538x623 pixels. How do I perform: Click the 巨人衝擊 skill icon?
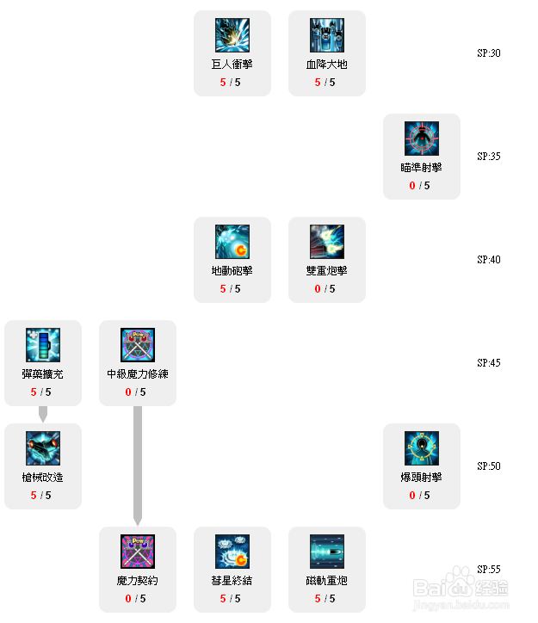(x=232, y=35)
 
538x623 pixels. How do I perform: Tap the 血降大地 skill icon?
(x=327, y=35)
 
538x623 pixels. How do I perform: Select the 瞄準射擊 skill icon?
(x=422, y=139)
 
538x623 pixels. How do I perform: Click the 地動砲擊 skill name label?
(x=232, y=271)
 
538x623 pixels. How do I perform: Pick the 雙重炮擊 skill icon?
(x=327, y=242)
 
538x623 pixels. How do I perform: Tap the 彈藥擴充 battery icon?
(x=43, y=345)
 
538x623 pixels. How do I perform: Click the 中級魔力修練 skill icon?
(x=138, y=345)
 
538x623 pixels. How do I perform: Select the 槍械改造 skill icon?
(x=43, y=448)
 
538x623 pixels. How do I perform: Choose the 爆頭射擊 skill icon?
(x=422, y=448)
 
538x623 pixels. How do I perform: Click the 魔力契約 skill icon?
(x=138, y=552)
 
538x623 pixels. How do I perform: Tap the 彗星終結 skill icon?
(x=232, y=552)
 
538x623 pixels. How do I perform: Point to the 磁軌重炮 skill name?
(x=327, y=581)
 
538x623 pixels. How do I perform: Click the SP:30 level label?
(x=489, y=53)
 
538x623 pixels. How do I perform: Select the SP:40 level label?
(x=489, y=260)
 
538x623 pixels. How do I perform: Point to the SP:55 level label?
(x=489, y=570)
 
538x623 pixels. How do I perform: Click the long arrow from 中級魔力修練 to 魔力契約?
(x=138, y=465)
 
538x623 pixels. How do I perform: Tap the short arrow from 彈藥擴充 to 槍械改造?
(x=43, y=414)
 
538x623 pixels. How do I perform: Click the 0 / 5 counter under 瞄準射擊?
(x=422, y=186)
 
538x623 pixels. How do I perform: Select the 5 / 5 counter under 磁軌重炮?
(x=327, y=599)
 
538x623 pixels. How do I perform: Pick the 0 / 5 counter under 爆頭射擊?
(x=422, y=496)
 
